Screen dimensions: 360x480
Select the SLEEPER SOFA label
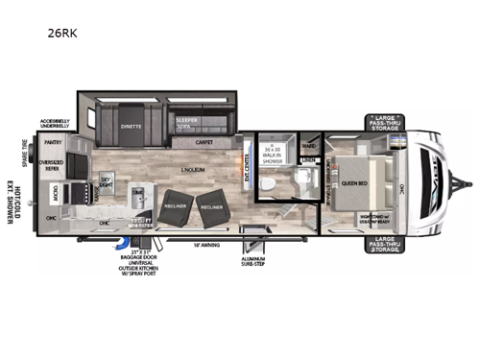pos(189,123)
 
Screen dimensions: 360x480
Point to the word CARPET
pos(203,141)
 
